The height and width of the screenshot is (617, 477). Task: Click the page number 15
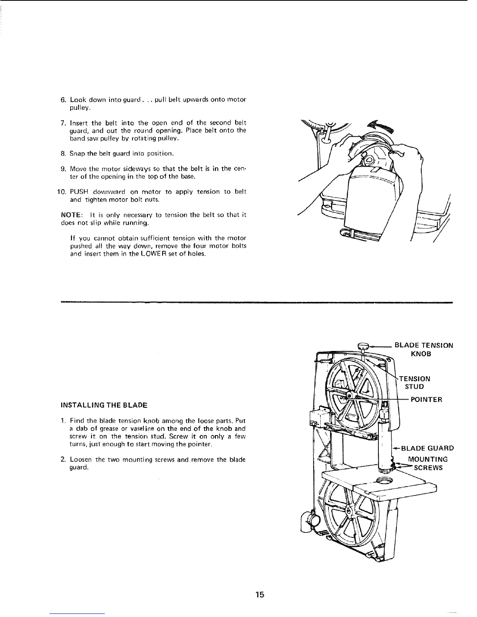260,595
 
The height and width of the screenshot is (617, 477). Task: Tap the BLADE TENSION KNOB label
424,349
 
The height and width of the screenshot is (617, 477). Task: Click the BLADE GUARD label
427,448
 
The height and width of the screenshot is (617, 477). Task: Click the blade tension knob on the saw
363,345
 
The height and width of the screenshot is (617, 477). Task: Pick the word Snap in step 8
76,153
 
